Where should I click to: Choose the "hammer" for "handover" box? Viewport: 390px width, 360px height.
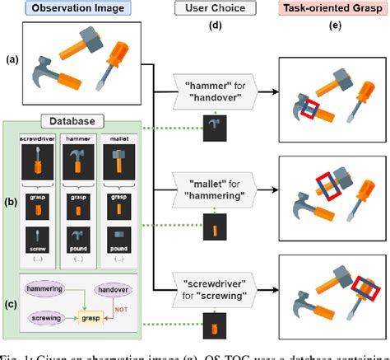point(216,89)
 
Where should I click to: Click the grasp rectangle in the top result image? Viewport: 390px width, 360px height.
point(309,108)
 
